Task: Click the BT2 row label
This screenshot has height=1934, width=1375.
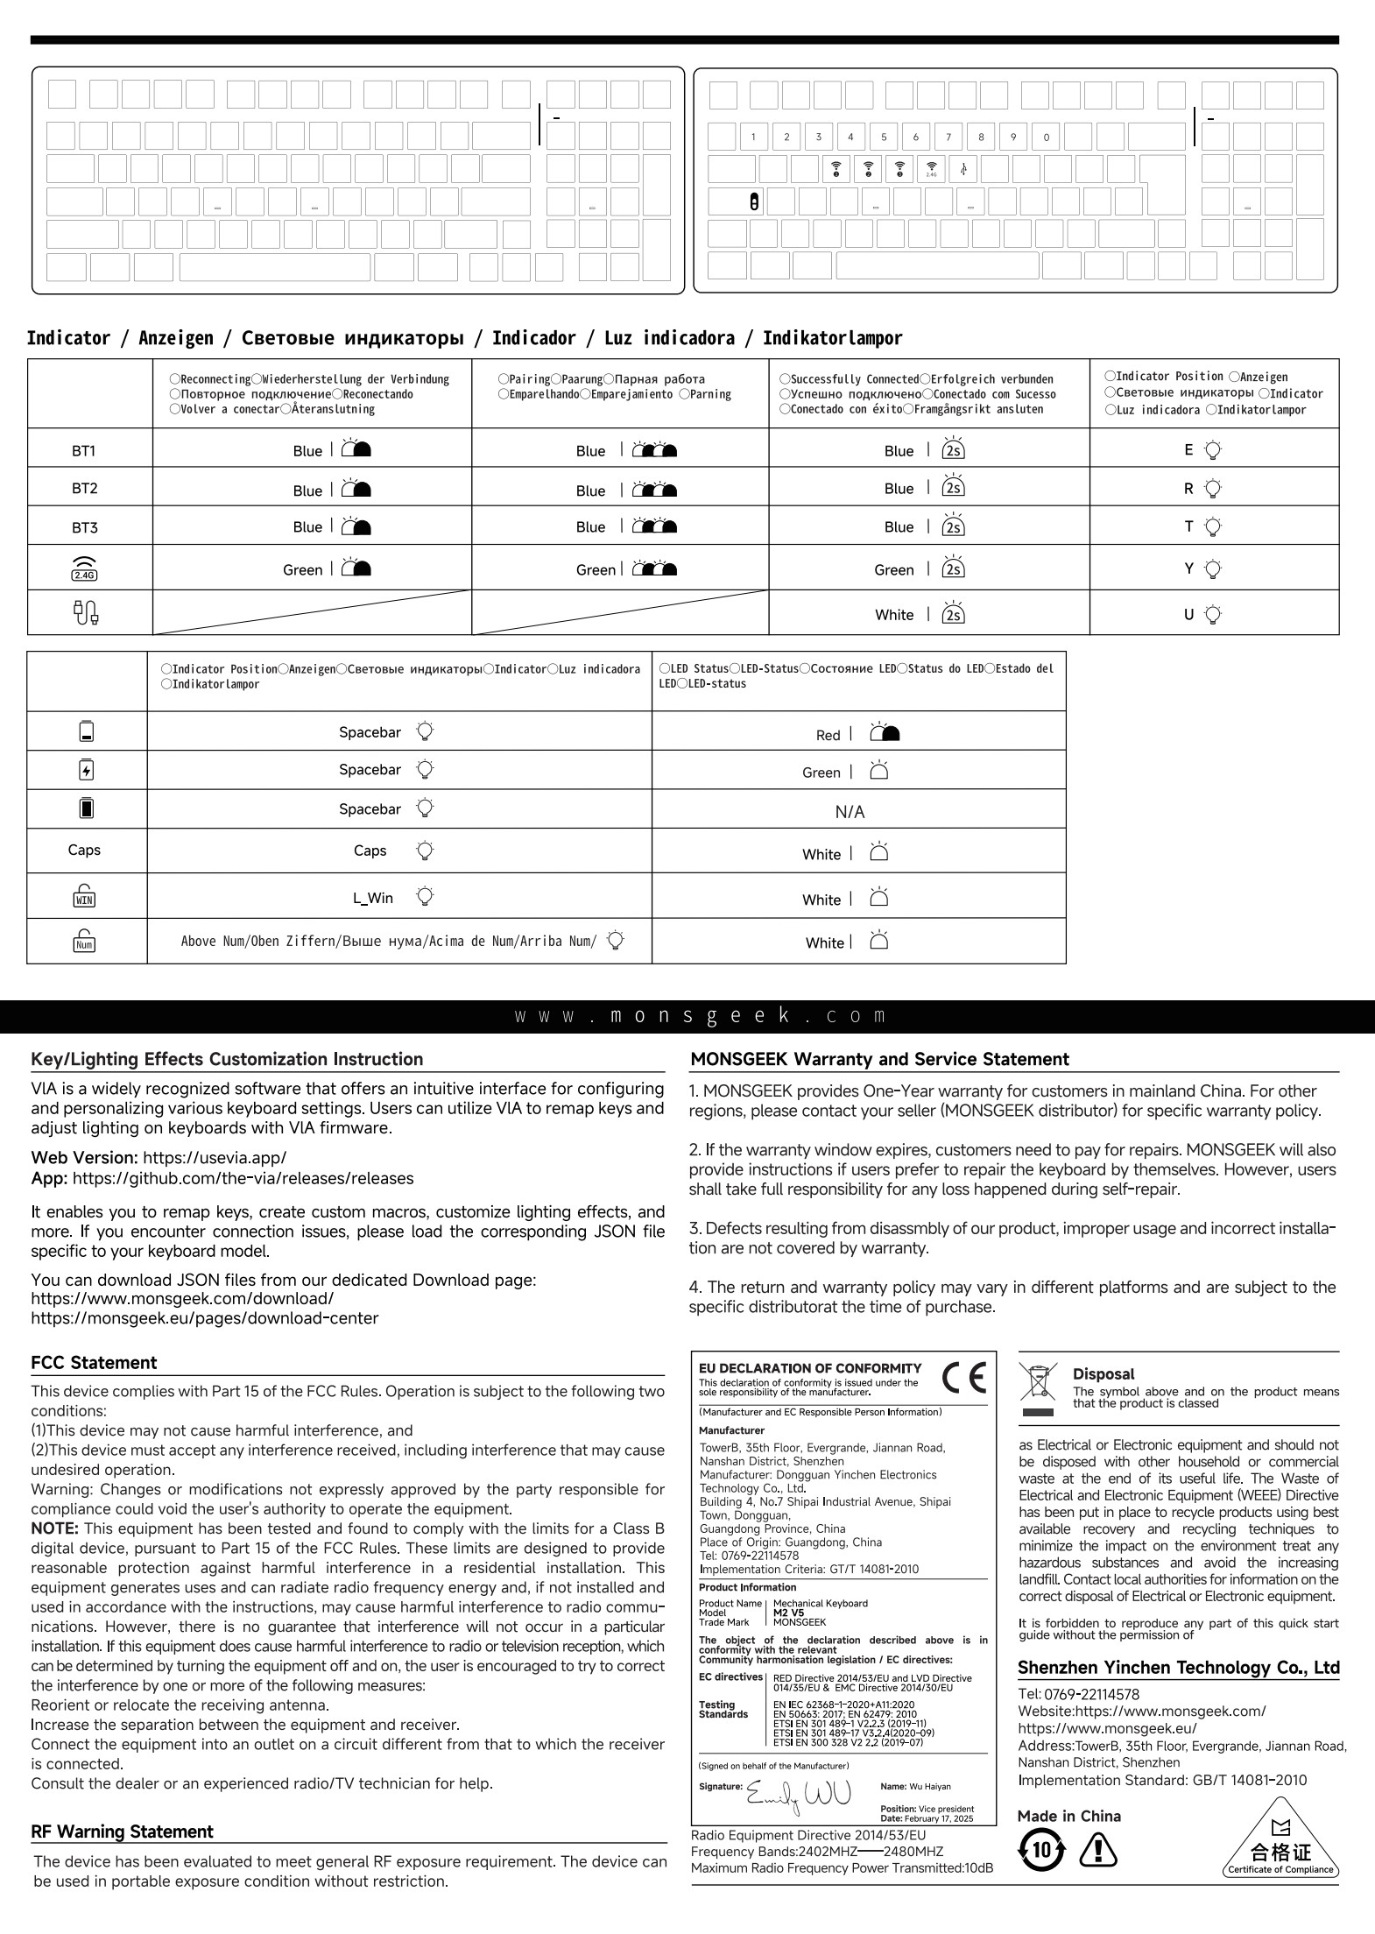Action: pos(84,488)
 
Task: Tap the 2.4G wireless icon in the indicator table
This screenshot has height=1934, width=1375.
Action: pos(84,568)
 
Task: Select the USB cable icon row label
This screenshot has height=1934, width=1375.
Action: pos(85,612)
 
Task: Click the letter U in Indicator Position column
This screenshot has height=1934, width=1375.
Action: pos(1188,614)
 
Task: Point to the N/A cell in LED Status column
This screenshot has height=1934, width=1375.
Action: pos(850,812)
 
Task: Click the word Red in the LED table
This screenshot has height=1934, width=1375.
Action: pos(828,735)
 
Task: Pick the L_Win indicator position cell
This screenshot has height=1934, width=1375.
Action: pos(373,897)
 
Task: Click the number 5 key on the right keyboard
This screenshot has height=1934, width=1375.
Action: pos(884,137)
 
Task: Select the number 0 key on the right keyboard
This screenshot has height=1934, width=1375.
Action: pos(1046,137)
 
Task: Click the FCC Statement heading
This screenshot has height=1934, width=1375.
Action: pos(94,1362)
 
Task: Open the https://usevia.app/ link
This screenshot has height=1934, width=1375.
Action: pos(214,1157)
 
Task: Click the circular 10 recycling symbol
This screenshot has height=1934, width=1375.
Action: pos(1041,1849)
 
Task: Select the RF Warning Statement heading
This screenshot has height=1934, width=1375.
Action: pos(122,1831)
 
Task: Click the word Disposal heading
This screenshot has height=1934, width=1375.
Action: pos(1103,1373)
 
